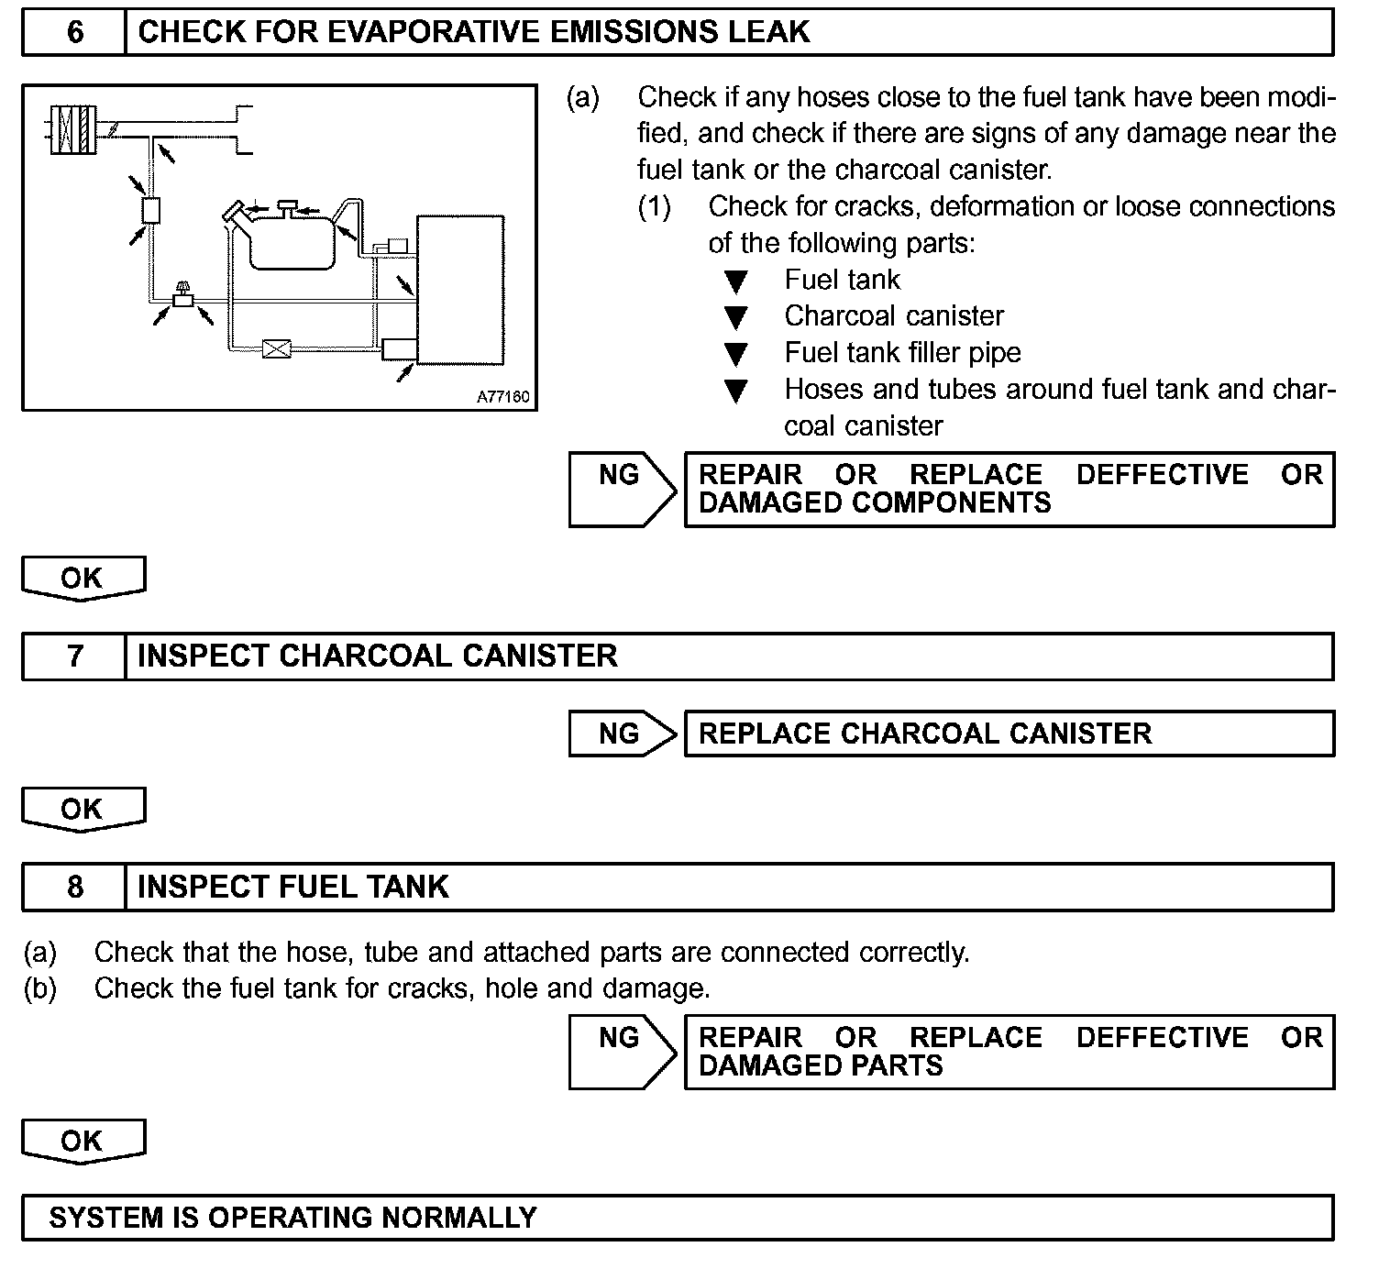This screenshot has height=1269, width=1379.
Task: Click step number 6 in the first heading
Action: pyautogui.click(x=74, y=33)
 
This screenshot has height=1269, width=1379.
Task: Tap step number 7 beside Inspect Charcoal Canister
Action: pyautogui.click(x=74, y=657)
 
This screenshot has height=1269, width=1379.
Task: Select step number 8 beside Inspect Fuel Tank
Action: pyautogui.click(x=74, y=888)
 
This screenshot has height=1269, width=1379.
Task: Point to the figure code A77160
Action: pyautogui.click(x=502, y=398)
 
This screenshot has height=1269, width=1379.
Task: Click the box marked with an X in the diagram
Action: pyautogui.click(x=276, y=348)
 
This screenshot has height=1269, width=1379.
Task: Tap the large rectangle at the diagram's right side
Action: pyautogui.click(x=460, y=289)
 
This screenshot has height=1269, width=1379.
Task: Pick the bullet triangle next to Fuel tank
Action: pyautogui.click(x=735, y=281)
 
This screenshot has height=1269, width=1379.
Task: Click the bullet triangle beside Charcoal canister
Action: pyautogui.click(x=735, y=318)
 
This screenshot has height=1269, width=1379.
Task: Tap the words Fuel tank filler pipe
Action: pyautogui.click(x=902, y=353)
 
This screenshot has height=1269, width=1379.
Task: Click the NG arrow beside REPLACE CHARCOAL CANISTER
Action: pyautogui.click(x=622, y=734)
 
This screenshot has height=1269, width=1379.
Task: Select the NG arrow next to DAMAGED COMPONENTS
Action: pyautogui.click(x=622, y=488)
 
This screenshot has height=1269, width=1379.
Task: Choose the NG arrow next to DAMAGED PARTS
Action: pyautogui.click(x=622, y=1051)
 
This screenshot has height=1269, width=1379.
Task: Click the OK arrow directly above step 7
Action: pyautogui.click(x=83, y=579)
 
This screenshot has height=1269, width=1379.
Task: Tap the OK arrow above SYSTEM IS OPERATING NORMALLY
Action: pyautogui.click(x=83, y=1142)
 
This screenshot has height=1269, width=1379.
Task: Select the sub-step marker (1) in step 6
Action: pyautogui.click(x=655, y=207)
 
